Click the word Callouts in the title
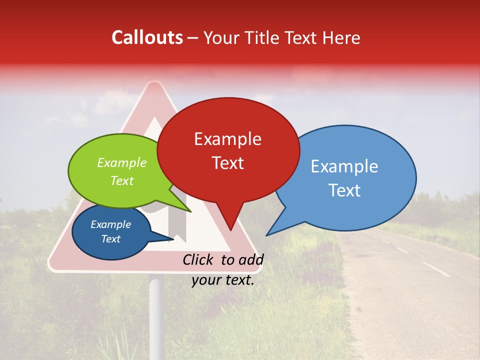(147, 37)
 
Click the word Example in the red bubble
(227, 139)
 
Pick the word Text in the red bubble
(227, 163)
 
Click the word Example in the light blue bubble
(344, 166)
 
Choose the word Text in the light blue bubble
(344, 190)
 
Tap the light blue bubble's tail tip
(266, 235)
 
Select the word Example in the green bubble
(122, 163)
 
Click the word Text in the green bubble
(122, 180)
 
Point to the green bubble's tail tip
(191, 212)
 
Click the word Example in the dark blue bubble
(110, 224)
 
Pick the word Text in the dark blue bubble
(110, 239)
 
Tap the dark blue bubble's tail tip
(173, 239)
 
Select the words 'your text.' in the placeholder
(223, 280)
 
